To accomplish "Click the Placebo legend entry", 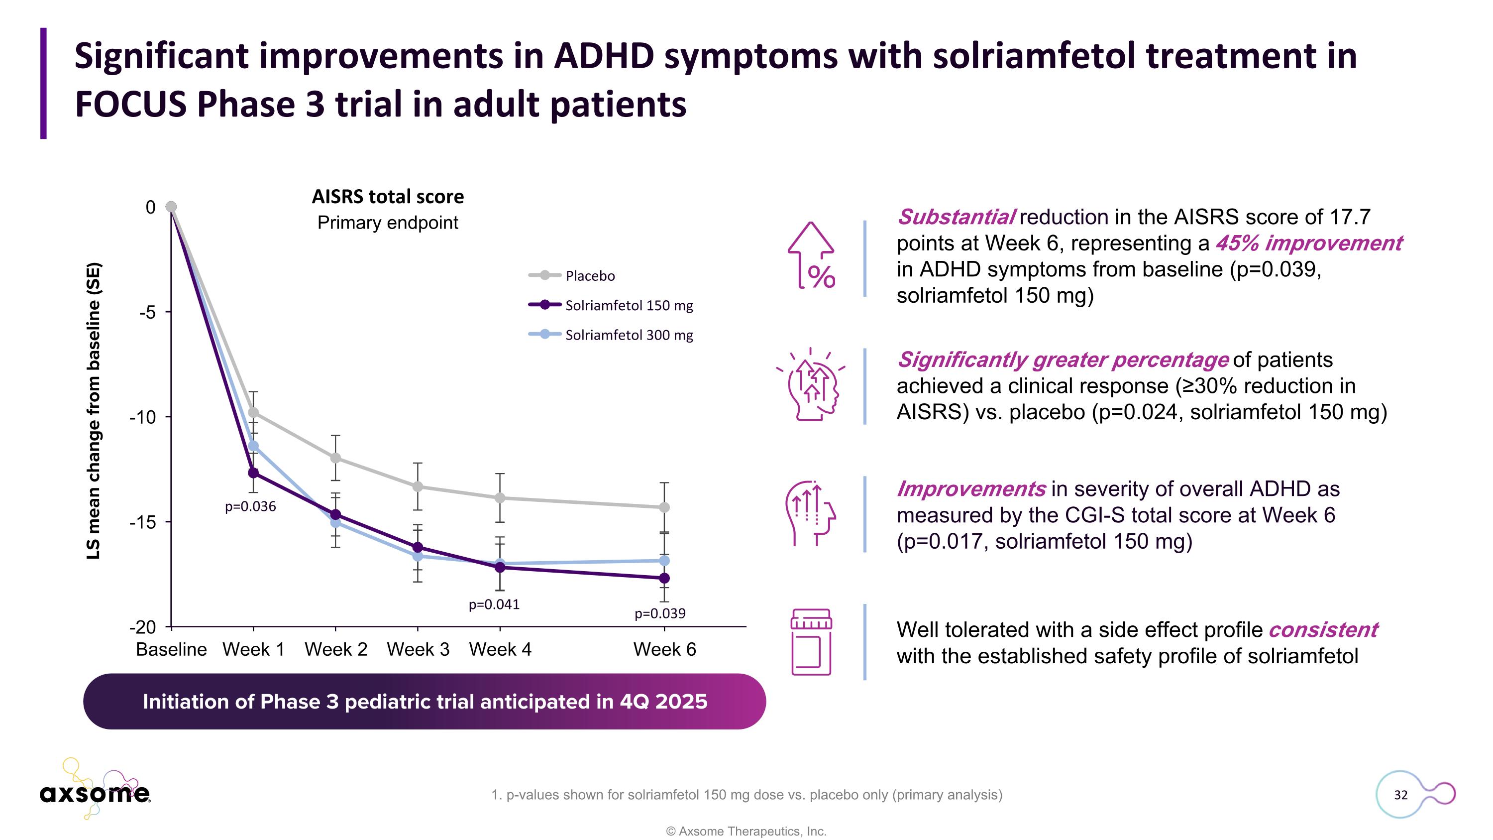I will pyautogui.click(x=589, y=276).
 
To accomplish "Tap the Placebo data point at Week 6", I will pyautogui.click(x=664, y=507).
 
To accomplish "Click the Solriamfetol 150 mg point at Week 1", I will pyautogui.click(x=253, y=473).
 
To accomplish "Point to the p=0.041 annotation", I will pyautogui.click(x=494, y=604).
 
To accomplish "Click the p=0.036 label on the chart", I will pyautogui.click(x=250, y=507).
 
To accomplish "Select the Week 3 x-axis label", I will pyautogui.click(x=418, y=649).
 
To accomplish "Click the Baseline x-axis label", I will pyautogui.click(x=171, y=649).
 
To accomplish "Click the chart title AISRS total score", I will pyautogui.click(x=388, y=197).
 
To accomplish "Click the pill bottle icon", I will pyautogui.click(x=811, y=642).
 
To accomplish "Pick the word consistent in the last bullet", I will pyautogui.click(x=1323, y=629).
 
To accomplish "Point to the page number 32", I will pyautogui.click(x=1400, y=795).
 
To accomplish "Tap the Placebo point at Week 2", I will pyautogui.click(x=335, y=458).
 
